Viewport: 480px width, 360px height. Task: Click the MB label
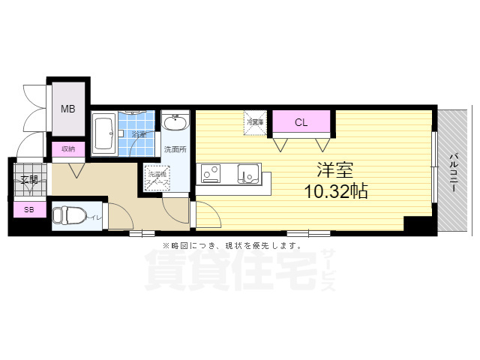tap(68, 109)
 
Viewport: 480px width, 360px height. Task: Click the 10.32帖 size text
tap(335, 191)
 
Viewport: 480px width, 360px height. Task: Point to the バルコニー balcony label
tap(454, 173)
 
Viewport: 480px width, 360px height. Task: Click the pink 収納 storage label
tap(68, 148)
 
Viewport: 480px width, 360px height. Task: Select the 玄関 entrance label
tap(28, 180)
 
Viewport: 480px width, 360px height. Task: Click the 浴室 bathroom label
tap(140, 135)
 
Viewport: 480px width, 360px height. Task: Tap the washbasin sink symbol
tap(177, 122)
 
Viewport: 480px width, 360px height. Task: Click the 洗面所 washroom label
tap(175, 149)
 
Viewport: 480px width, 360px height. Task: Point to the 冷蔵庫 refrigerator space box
tap(254, 121)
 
